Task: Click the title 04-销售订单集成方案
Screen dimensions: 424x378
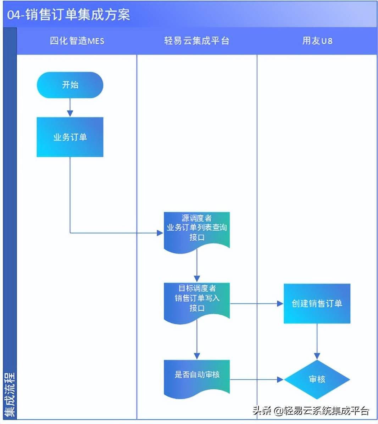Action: [x=69, y=15]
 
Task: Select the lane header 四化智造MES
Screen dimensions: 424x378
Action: [x=77, y=41]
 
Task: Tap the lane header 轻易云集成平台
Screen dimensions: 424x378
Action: [x=196, y=41]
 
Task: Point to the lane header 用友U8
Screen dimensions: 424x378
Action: [x=317, y=41]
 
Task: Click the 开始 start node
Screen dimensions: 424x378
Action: [x=70, y=85]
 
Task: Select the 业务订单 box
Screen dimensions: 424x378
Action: [x=70, y=137]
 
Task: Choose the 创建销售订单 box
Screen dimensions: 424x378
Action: [x=317, y=303]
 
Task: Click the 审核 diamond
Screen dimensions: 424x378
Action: [x=317, y=379]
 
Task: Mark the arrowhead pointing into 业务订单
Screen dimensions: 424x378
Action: [x=70, y=113]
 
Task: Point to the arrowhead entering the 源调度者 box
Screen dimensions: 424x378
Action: [x=160, y=233]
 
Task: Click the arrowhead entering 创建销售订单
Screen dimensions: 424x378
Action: [x=280, y=303]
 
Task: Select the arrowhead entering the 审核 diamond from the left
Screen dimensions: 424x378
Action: [x=280, y=379]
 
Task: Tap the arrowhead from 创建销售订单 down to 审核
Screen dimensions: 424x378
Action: [x=317, y=356]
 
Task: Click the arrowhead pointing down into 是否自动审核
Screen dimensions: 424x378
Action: [x=197, y=356]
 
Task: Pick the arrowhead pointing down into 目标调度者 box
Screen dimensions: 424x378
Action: [x=197, y=279]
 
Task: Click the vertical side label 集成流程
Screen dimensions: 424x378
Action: [x=10, y=394]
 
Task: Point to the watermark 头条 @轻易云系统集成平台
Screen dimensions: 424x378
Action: [x=311, y=411]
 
